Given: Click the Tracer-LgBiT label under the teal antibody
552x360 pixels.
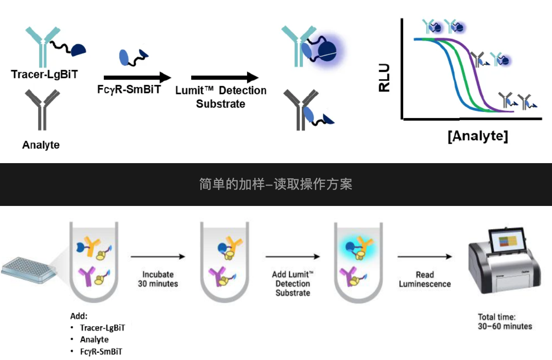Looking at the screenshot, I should pyautogui.click(x=45, y=74).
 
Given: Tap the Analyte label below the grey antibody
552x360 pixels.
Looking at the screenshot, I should pyautogui.click(x=41, y=145).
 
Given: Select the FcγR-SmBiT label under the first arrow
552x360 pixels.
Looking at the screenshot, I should pyautogui.click(x=128, y=90).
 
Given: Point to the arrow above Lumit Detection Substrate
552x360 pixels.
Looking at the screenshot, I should pyautogui.click(x=225, y=78).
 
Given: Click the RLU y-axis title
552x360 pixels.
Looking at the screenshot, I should pyautogui.click(x=384, y=78).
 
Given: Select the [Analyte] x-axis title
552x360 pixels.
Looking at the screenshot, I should pyautogui.click(x=478, y=136).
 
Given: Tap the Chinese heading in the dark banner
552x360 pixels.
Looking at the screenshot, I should pyautogui.click(x=276, y=184).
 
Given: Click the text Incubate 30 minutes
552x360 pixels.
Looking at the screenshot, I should pyautogui.click(x=158, y=279).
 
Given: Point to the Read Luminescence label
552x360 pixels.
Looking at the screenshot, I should pyautogui.click(x=424, y=280).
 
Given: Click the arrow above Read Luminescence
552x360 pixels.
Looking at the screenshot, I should pyautogui.click(x=424, y=257).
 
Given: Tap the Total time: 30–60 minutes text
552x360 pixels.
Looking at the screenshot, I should pyautogui.click(x=505, y=321).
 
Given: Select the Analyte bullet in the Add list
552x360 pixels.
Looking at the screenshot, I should pyautogui.click(x=94, y=340).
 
